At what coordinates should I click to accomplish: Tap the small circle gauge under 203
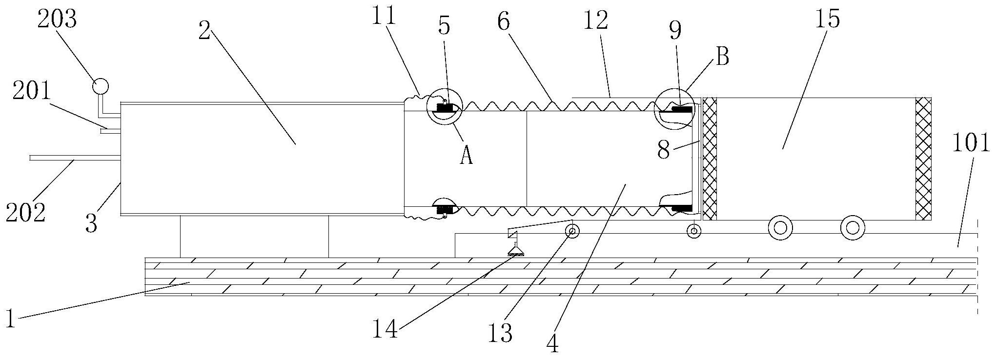pos(101,86)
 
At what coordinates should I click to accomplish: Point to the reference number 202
pos(26,213)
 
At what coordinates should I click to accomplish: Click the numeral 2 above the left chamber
pos(204,32)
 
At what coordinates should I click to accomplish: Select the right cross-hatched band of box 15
pos(924,159)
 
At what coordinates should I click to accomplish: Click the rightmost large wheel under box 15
pos(852,227)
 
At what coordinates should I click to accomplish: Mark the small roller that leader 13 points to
pos(571,231)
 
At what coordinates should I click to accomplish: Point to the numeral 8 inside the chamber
pos(663,150)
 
